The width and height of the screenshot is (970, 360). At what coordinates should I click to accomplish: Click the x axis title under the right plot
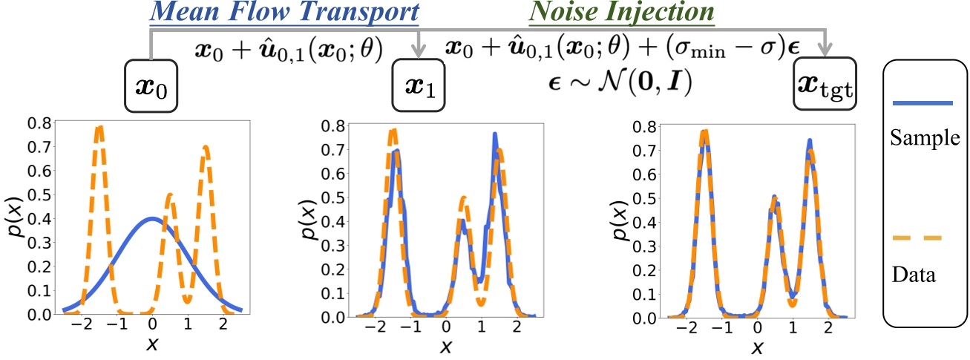pyautogui.click(x=757, y=346)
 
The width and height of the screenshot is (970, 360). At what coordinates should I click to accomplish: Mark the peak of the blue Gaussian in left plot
pyautogui.click(x=152, y=218)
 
